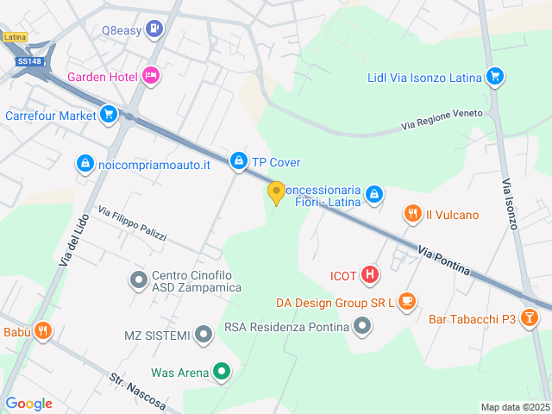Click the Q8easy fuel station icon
pos(154,29)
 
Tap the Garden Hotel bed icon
pos(152,77)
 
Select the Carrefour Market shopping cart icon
pos(108,114)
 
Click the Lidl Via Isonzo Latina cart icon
pos(494,77)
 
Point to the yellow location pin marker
pos(276,192)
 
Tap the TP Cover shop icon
pos(238,161)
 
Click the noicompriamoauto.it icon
pos(85,163)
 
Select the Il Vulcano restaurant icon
pos(412,214)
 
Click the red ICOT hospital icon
pos(369,275)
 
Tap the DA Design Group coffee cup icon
pos(407,302)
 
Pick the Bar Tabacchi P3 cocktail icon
pos(530,319)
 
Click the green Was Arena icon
pos(222,373)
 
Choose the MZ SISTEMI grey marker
pos(203,334)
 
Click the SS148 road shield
pos(29,61)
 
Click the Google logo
pos(29,403)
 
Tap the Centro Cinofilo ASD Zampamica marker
pos(138,279)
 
